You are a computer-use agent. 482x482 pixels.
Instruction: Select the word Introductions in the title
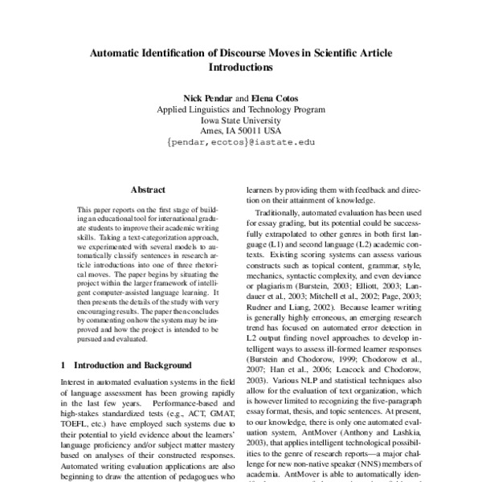pos(240,68)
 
